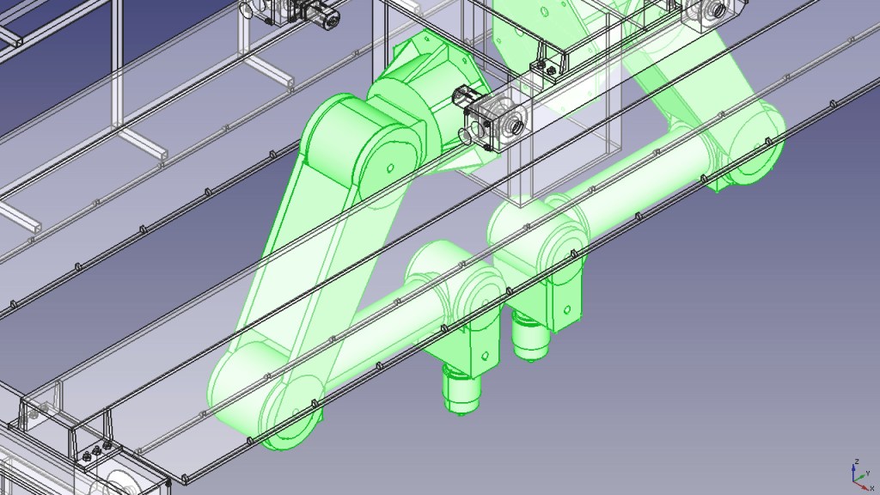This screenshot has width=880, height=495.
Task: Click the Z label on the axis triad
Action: pyautogui.click(x=857, y=461)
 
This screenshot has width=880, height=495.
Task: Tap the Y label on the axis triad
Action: pyautogui.click(x=868, y=474)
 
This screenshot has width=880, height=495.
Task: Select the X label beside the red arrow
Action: pyautogui.click(x=872, y=488)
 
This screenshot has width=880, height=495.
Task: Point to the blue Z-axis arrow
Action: pyautogui.click(x=853, y=473)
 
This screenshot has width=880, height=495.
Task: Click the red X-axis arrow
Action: pyautogui.click(x=860, y=485)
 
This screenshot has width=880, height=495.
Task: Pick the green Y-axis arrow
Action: pyautogui.click(x=859, y=478)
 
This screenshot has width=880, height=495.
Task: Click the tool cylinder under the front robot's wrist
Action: pyautogui.click(x=461, y=388)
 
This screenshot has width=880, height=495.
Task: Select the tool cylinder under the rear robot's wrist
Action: pyautogui.click(x=529, y=336)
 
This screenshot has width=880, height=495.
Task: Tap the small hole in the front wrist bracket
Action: pyautogui.click(x=486, y=356)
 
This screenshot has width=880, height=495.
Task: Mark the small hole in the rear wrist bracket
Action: pyautogui.click(x=567, y=309)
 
